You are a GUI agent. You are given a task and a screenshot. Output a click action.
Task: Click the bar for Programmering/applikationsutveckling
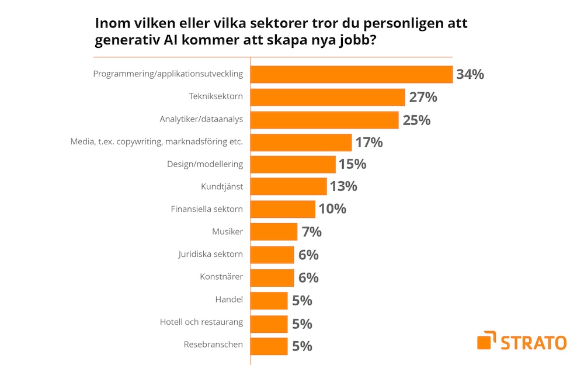coord(352,75)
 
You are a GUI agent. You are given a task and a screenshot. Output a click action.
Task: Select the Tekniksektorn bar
coord(328,97)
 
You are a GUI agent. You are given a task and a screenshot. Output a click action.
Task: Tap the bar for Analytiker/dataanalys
coord(325,120)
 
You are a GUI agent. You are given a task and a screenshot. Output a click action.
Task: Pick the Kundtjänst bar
coord(288,187)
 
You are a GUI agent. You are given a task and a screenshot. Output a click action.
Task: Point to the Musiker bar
coord(274,232)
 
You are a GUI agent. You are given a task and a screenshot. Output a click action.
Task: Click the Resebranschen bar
coord(269,346)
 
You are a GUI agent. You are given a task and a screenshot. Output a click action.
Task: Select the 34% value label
coord(470,75)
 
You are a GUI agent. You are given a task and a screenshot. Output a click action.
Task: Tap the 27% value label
coord(423,97)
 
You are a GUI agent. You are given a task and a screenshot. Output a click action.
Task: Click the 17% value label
coord(369,142)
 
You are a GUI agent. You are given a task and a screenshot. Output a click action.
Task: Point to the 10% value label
coord(332,208)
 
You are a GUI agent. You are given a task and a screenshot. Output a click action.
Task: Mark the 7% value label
coord(312,232)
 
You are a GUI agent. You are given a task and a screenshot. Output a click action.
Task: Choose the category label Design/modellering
coord(205,164)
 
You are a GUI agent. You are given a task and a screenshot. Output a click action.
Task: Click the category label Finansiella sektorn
coord(207,208)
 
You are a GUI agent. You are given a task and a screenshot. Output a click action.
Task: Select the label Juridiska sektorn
coord(210,254)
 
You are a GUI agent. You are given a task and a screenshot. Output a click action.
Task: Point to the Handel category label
coord(229,300)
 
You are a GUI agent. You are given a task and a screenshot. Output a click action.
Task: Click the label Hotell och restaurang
coord(201,322)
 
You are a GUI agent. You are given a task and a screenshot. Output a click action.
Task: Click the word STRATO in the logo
coord(533,342)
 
